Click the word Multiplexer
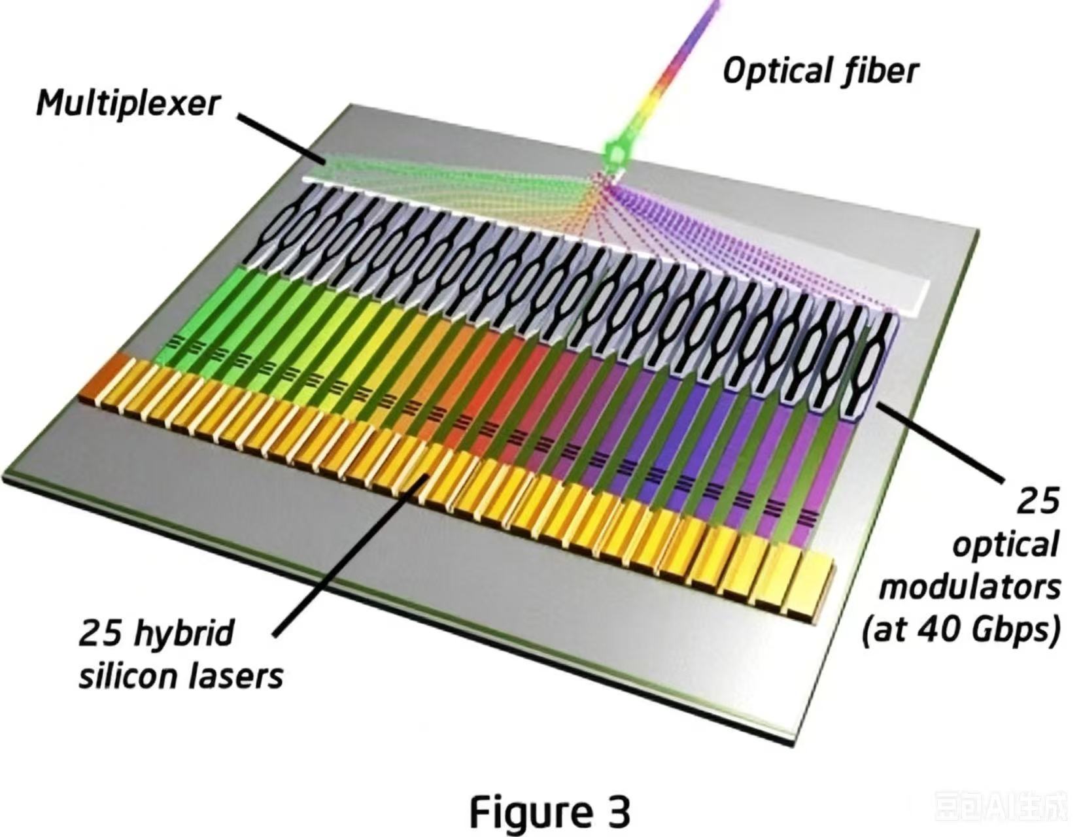point(128,103)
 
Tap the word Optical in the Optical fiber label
point(776,71)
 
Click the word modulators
point(970,588)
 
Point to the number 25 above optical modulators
point(1037,500)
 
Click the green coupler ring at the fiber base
point(617,155)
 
